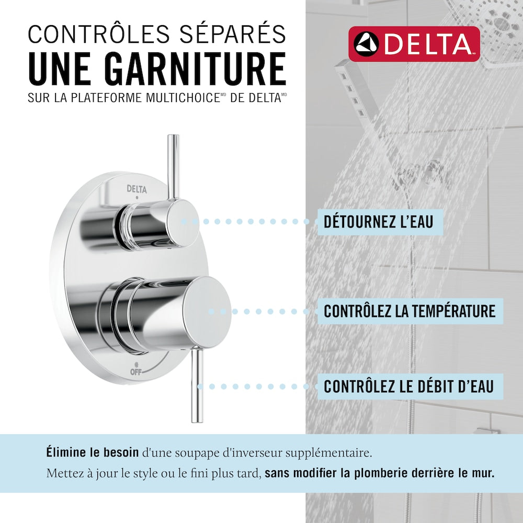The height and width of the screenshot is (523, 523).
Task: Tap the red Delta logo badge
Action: point(414,44)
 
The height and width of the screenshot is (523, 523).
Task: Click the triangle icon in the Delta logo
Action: point(366,44)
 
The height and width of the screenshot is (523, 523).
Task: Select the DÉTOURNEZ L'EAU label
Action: point(378,222)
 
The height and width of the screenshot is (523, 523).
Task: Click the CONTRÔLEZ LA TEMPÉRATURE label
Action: point(410,311)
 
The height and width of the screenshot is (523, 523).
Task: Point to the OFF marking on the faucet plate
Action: point(136,371)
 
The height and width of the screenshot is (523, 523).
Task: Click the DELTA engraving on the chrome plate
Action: point(137,189)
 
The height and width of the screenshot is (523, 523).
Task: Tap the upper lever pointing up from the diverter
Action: point(174,167)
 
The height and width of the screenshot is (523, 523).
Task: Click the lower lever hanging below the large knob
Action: point(197,385)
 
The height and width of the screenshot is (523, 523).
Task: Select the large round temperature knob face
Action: point(209,312)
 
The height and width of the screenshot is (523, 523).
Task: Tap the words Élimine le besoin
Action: point(93,452)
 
